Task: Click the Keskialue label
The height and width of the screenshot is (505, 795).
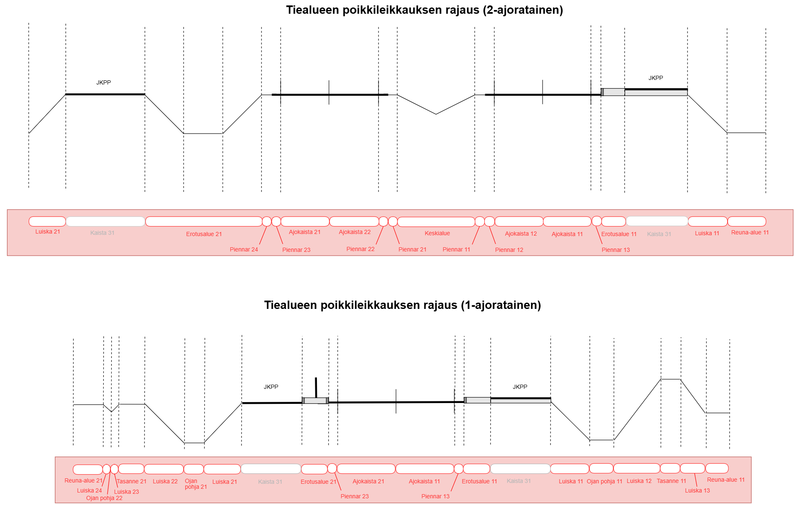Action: (437, 233)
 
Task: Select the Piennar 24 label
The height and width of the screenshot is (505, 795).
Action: (244, 249)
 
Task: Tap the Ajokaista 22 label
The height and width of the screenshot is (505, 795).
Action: (354, 232)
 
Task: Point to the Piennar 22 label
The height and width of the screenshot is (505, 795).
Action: (360, 249)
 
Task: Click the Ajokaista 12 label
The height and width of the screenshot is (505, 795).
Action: (521, 234)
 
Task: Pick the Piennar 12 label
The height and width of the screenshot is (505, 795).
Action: (509, 250)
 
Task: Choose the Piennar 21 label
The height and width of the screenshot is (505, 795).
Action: (412, 249)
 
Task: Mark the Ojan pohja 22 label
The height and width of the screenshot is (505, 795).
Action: (104, 498)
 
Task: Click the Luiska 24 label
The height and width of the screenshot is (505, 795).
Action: (89, 490)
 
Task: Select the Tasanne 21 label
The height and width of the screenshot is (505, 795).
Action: (131, 481)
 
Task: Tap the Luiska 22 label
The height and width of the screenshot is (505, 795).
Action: (165, 481)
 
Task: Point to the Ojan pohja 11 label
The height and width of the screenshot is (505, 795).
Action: (604, 481)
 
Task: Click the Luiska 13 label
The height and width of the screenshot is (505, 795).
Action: (697, 490)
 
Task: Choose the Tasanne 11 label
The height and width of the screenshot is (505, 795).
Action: (671, 481)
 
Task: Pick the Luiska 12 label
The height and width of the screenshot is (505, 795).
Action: (639, 481)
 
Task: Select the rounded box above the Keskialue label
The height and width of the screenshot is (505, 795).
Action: (436, 222)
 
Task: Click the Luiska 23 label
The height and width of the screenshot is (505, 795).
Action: (126, 492)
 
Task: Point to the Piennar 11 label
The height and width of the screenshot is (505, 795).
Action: (456, 249)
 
